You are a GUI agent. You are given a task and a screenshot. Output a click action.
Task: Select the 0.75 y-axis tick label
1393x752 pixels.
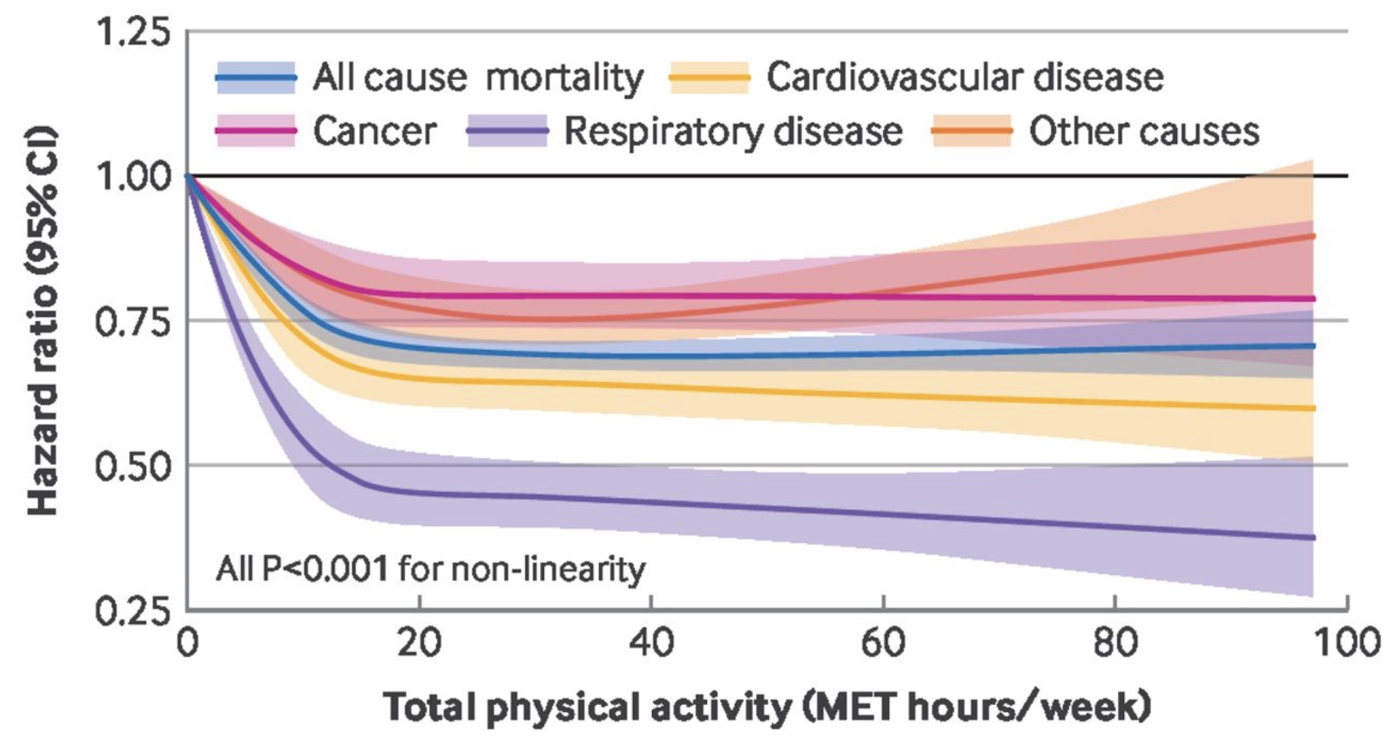click(x=133, y=322)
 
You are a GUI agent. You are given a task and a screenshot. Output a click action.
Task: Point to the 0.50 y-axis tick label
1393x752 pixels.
click(x=133, y=467)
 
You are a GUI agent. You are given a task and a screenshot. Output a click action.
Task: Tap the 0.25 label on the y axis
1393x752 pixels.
click(x=133, y=611)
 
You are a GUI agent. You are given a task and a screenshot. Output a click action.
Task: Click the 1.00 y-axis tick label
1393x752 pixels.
click(x=133, y=178)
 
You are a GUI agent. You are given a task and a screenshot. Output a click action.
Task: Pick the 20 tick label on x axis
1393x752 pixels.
click(x=419, y=642)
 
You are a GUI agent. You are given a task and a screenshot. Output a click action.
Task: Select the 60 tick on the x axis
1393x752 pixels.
click(x=883, y=642)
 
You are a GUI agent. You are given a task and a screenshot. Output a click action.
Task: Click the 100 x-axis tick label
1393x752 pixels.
click(x=1346, y=642)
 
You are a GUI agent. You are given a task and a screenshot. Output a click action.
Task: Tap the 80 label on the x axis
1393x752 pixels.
click(x=1115, y=642)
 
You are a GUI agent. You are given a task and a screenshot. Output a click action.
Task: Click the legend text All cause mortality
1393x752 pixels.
click(x=478, y=77)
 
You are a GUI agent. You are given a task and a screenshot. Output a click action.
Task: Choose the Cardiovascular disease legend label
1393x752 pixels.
click(x=964, y=77)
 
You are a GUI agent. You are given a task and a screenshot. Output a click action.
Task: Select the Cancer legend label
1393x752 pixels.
click(x=374, y=131)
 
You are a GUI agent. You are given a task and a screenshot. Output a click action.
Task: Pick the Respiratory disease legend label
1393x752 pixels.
click(x=733, y=131)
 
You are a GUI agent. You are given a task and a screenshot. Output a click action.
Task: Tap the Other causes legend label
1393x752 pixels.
click(x=1143, y=131)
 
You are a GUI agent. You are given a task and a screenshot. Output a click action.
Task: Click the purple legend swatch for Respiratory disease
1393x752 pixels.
click(x=508, y=131)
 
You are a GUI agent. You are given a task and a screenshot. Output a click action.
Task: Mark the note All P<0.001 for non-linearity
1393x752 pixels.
click(x=431, y=569)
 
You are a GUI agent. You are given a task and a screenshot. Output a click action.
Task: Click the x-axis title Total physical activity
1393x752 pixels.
click(x=766, y=707)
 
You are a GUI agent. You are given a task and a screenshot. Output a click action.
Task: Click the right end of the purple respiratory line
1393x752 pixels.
click(x=1312, y=537)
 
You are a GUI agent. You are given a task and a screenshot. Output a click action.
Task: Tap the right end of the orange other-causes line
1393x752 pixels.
click(x=1312, y=236)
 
